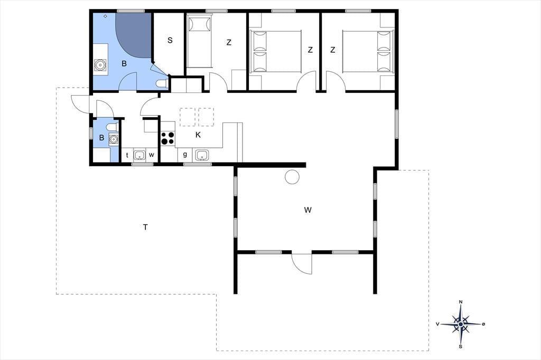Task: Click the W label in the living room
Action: point(308,210)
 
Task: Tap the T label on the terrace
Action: point(146,227)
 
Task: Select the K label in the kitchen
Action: point(198,135)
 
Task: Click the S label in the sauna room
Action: point(170,40)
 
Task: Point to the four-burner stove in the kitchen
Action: point(167,138)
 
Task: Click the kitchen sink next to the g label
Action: point(202,155)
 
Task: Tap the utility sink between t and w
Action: point(139,155)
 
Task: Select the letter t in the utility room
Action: point(127,155)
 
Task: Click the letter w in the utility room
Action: point(152,155)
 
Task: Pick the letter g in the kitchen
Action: point(185,155)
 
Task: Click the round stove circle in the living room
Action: point(292,177)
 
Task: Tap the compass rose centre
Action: point(461,324)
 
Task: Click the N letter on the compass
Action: point(461,302)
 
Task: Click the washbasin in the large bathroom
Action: point(100,65)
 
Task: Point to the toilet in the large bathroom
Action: point(162,83)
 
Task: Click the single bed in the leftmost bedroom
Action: point(199,42)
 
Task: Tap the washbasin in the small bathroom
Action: point(113,139)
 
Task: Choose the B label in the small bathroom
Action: point(101,138)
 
